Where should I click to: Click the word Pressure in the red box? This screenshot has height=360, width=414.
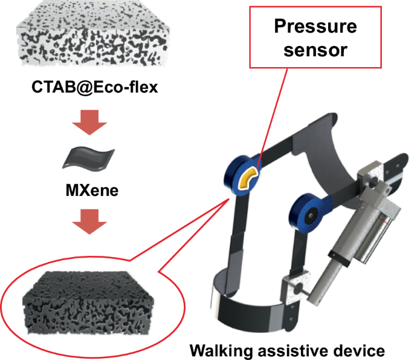point(315,27)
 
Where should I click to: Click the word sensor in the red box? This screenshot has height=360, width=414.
point(315,49)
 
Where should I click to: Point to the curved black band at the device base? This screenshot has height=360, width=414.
point(254,308)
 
